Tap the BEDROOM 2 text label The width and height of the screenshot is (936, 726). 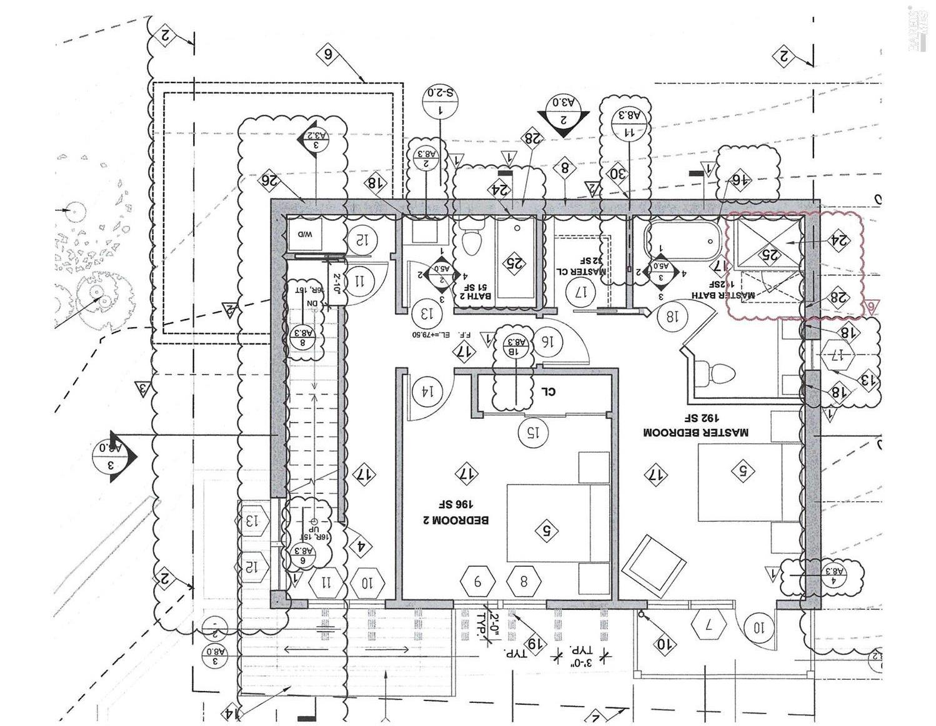[462, 513]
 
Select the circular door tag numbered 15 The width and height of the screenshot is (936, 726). [533, 431]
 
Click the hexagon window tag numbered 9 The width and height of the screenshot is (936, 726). [478, 582]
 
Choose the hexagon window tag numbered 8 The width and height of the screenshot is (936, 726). [524, 582]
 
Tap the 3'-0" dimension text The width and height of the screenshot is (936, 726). [580, 657]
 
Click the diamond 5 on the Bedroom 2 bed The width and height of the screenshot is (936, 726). [547, 531]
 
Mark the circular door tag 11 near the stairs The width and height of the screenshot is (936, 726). [361, 280]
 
